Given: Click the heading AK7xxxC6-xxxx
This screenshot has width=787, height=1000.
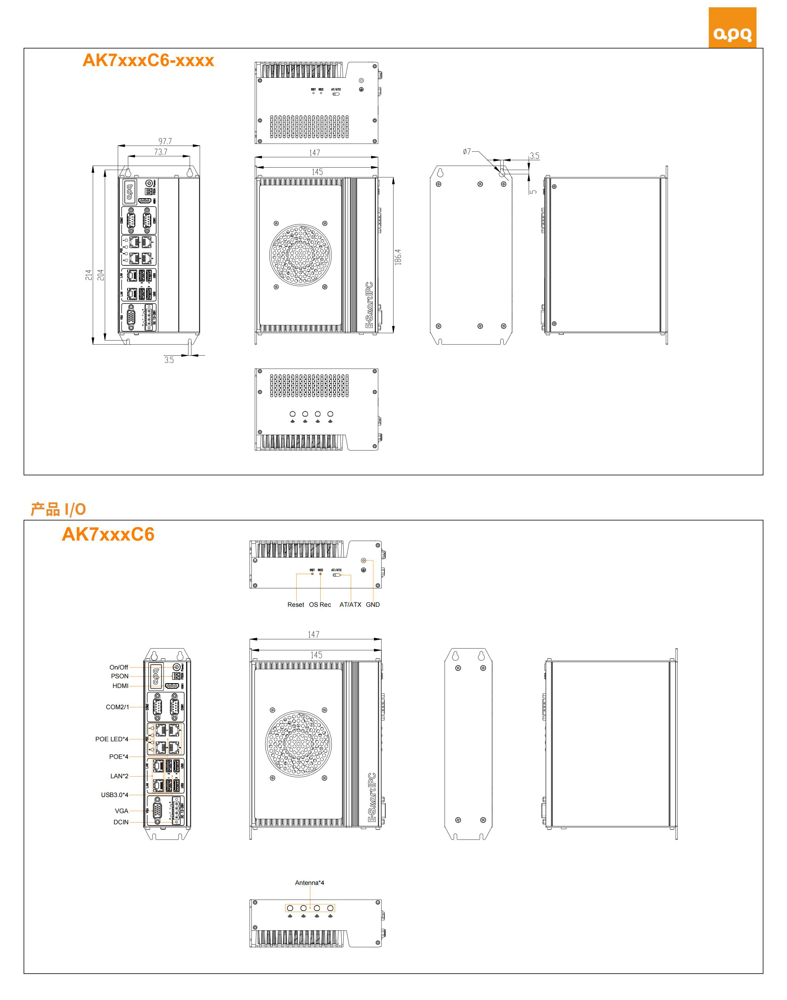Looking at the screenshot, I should (148, 60).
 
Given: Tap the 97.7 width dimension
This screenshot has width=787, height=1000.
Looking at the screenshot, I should (165, 141).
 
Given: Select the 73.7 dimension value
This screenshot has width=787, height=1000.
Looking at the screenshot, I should (160, 152).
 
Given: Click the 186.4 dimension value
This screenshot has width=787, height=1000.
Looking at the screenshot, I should (398, 257).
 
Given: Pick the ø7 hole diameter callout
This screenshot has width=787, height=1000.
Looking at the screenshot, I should (467, 151).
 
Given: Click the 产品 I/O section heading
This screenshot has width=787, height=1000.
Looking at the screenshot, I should (58, 509).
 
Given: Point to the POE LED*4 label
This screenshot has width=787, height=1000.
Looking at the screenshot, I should (111, 739).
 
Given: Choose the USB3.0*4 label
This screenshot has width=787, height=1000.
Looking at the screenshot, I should (114, 795).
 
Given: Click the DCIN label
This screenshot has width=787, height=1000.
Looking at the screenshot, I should (121, 822).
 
